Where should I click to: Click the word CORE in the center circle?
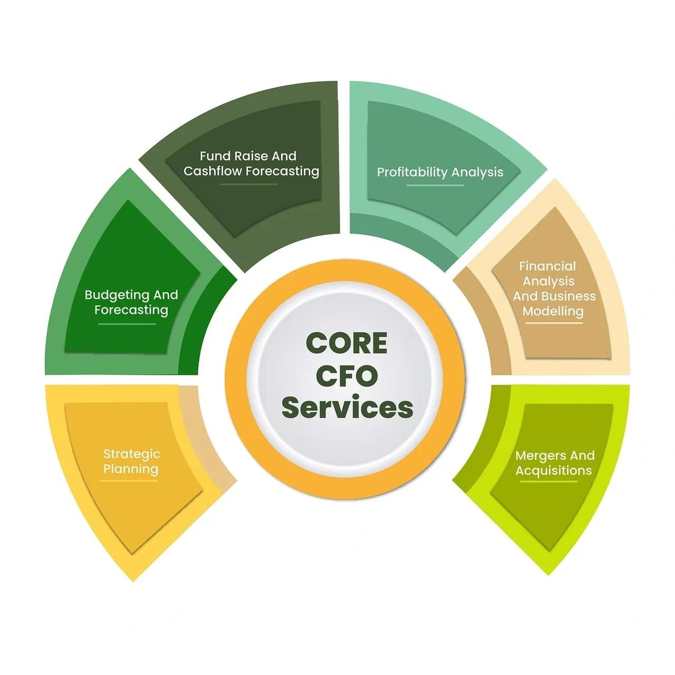pyautogui.click(x=346, y=343)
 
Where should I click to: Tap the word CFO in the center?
pyautogui.click(x=346, y=376)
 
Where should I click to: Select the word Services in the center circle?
pyautogui.click(x=347, y=408)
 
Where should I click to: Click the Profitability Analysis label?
pyautogui.click(x=440, y=172)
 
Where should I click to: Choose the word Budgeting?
pyautogui.click(x=109, y=295)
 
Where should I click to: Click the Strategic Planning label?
pyautogui.click(x=131, y=461)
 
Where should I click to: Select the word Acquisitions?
pyautogui.click(x=553, y=470)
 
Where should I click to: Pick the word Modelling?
pyautogui.click(x=553, y=311)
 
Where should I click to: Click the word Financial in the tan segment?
pyautogui.click(x=547, y=266)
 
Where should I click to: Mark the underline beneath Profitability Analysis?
pyautogui.click(x=436, y=186)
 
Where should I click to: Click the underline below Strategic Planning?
pyautogui.click(x=129, y=481)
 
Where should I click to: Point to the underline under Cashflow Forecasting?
pyautogui.click(x=248, y=185)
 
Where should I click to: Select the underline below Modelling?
pyautogui.click(x=554, y=323)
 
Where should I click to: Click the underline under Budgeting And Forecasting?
pyautogui.click(x=127, y=324)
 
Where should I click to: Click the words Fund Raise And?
pyautogui.click(x=248, y=156)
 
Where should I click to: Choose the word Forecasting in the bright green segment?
pyautogui.click(x=131, y=310)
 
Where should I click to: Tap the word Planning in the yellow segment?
pyautogui.click(x=131, y=469)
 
